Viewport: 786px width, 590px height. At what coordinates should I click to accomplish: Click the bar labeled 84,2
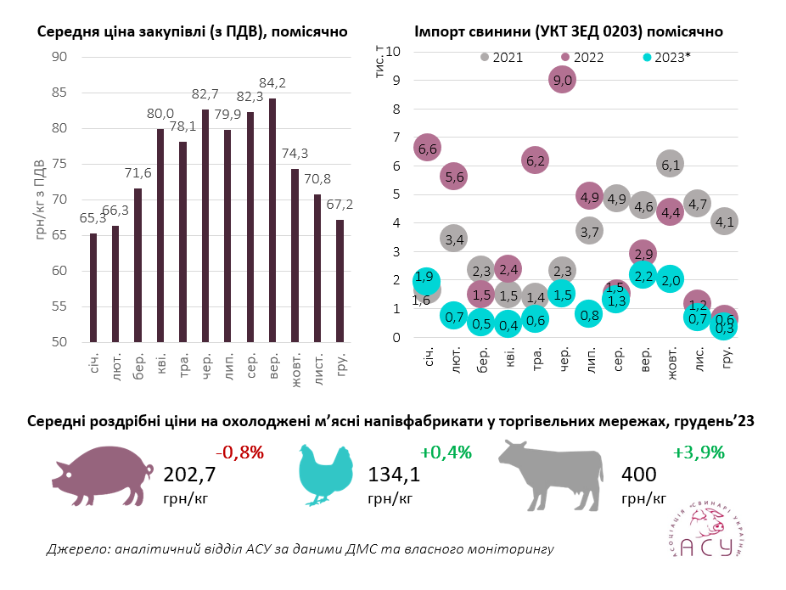pos(272,221)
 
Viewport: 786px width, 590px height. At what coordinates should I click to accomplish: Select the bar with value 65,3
pos(93,288)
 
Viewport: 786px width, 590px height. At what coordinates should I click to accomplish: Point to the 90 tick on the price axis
pos(59,57)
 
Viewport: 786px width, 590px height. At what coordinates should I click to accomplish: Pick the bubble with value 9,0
pos(562,80)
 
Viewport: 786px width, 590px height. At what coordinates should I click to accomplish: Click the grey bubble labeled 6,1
pos(671,165)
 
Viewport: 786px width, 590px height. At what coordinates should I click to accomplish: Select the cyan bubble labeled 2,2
pos(643,275)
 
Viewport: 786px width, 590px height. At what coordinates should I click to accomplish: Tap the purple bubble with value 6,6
pos(429,149)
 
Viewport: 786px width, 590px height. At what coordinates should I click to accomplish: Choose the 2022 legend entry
pos(581,58)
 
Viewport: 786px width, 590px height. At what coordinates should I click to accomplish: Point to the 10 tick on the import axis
pos(392,51)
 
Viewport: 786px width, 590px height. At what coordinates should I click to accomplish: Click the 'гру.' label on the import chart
pos(727,361)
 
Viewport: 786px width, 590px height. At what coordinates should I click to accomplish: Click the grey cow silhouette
pos(547,471)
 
